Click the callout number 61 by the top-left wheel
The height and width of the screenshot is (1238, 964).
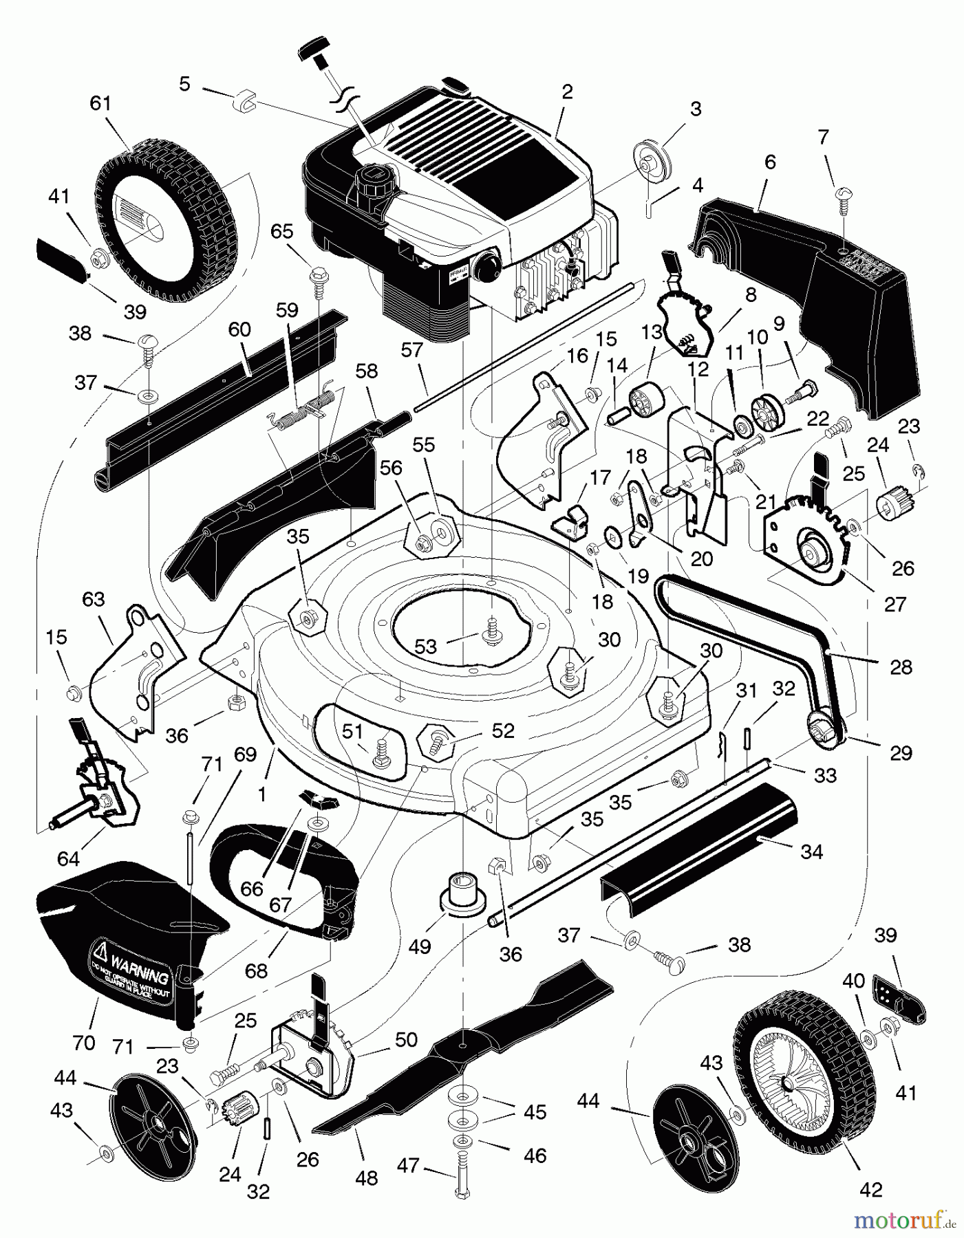click(x=100, y=104)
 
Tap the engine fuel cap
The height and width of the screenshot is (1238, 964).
click(x=369, y=181)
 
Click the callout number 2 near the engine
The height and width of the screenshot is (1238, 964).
click(x=566, y=92)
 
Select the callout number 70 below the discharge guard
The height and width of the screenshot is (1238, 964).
click(x=83, y=1043)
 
